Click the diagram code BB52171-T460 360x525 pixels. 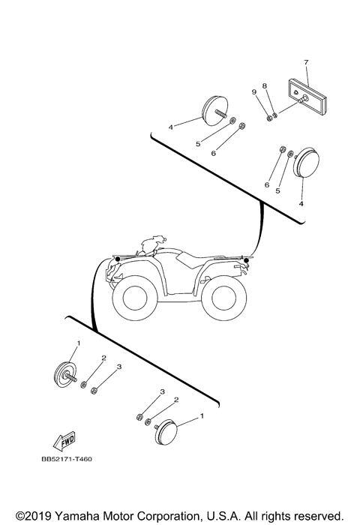[67, 460]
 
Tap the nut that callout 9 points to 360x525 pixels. [267, 117]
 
